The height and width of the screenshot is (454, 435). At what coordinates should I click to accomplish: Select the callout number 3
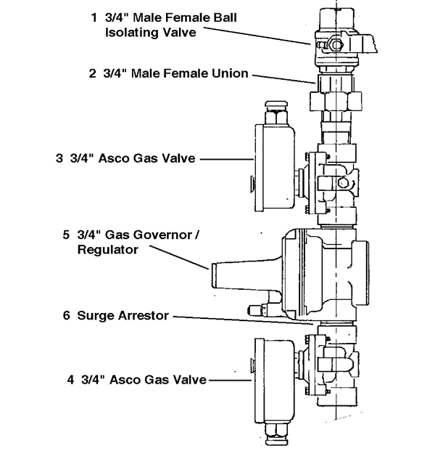[59, 158]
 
